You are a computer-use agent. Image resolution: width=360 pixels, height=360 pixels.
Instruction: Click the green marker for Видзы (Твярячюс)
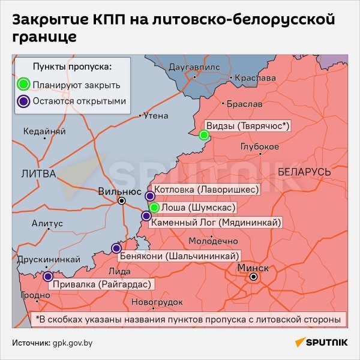coord(204,135)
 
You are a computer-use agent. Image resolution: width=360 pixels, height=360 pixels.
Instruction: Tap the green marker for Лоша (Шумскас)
coord(154,208)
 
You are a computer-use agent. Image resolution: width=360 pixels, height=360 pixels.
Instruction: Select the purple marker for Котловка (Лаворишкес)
coord(151,195)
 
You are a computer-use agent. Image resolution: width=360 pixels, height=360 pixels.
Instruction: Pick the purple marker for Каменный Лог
coord(146,216)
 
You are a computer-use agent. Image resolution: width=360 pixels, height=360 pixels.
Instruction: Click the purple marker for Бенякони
coord(116,248)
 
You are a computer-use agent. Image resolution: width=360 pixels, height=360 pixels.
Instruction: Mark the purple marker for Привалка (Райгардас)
coord(47,276)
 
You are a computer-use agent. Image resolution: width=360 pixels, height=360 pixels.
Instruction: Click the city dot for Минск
coord(254,277)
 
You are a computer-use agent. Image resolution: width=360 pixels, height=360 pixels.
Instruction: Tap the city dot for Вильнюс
coord(122,201)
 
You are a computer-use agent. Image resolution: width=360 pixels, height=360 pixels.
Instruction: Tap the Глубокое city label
coord(259,147)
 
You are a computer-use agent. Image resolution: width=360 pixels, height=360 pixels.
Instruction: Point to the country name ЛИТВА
coord(38,174)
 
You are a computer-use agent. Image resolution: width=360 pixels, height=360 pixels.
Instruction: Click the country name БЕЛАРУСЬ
coord(304,172)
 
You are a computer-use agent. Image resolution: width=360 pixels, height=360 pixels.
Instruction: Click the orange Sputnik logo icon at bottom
coord(298,343)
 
